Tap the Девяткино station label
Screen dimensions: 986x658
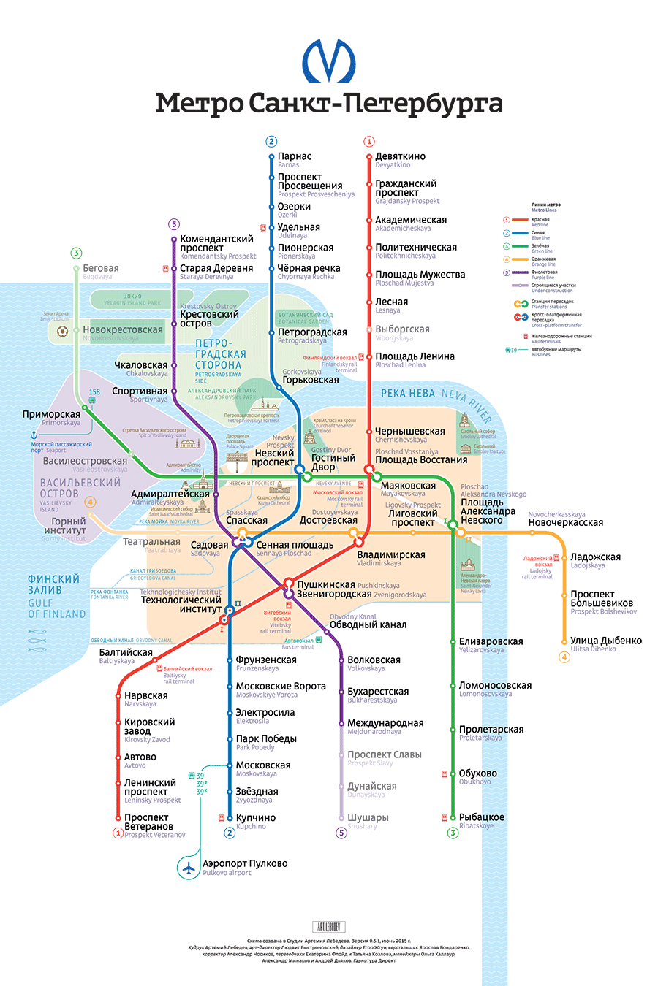click(400, 156)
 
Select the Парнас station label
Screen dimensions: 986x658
click(295, 156)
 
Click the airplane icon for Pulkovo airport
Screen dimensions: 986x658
click(189, 868)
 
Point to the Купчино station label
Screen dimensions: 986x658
click(256, 818)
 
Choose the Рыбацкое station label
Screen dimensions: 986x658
click(481, 817)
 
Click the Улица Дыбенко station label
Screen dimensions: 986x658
click(606, 641)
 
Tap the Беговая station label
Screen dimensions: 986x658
click(101, 269)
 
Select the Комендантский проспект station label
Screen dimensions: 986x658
click(216, 243)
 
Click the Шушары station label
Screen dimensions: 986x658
click(368, 818)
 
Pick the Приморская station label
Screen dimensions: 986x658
click(51, 414)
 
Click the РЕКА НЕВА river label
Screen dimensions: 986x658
click(408, 394)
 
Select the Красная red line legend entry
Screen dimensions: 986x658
click(540, 220)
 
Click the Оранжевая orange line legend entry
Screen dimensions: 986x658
click(543, 259)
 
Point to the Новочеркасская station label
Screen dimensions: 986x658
click(565, 522)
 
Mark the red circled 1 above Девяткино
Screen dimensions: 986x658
click(369, 142)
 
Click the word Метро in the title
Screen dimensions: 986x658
click(200, 104)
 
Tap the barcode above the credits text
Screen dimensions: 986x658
click(328, 927)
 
